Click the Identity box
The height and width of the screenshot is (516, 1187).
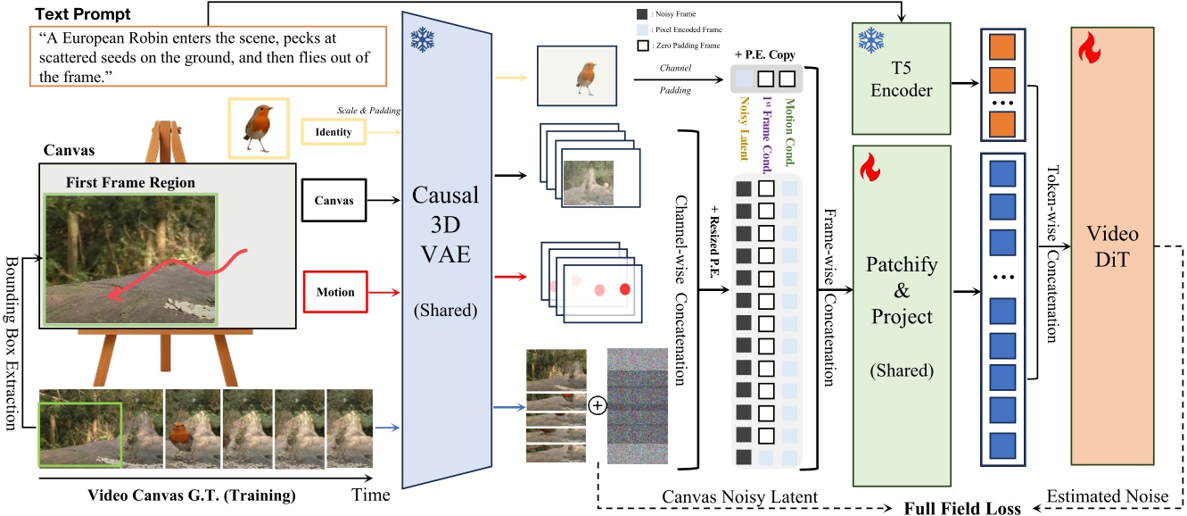333,132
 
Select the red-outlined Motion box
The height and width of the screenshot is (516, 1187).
335,291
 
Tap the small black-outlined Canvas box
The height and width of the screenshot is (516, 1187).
334,200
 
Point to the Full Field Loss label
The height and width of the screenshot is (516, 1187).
961,507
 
